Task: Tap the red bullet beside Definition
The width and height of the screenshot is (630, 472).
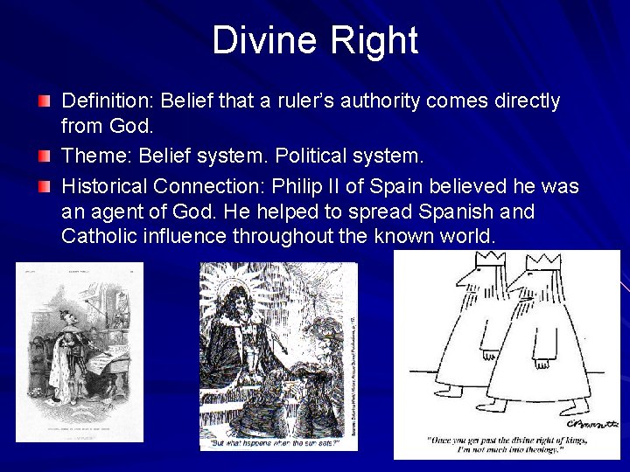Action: [x=45, y=102]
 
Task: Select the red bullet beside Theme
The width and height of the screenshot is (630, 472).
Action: [x=45, y=157]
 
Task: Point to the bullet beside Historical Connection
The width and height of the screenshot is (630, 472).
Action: [x=45, y=187]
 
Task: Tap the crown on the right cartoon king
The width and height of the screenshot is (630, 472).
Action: [x=543, y=261]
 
